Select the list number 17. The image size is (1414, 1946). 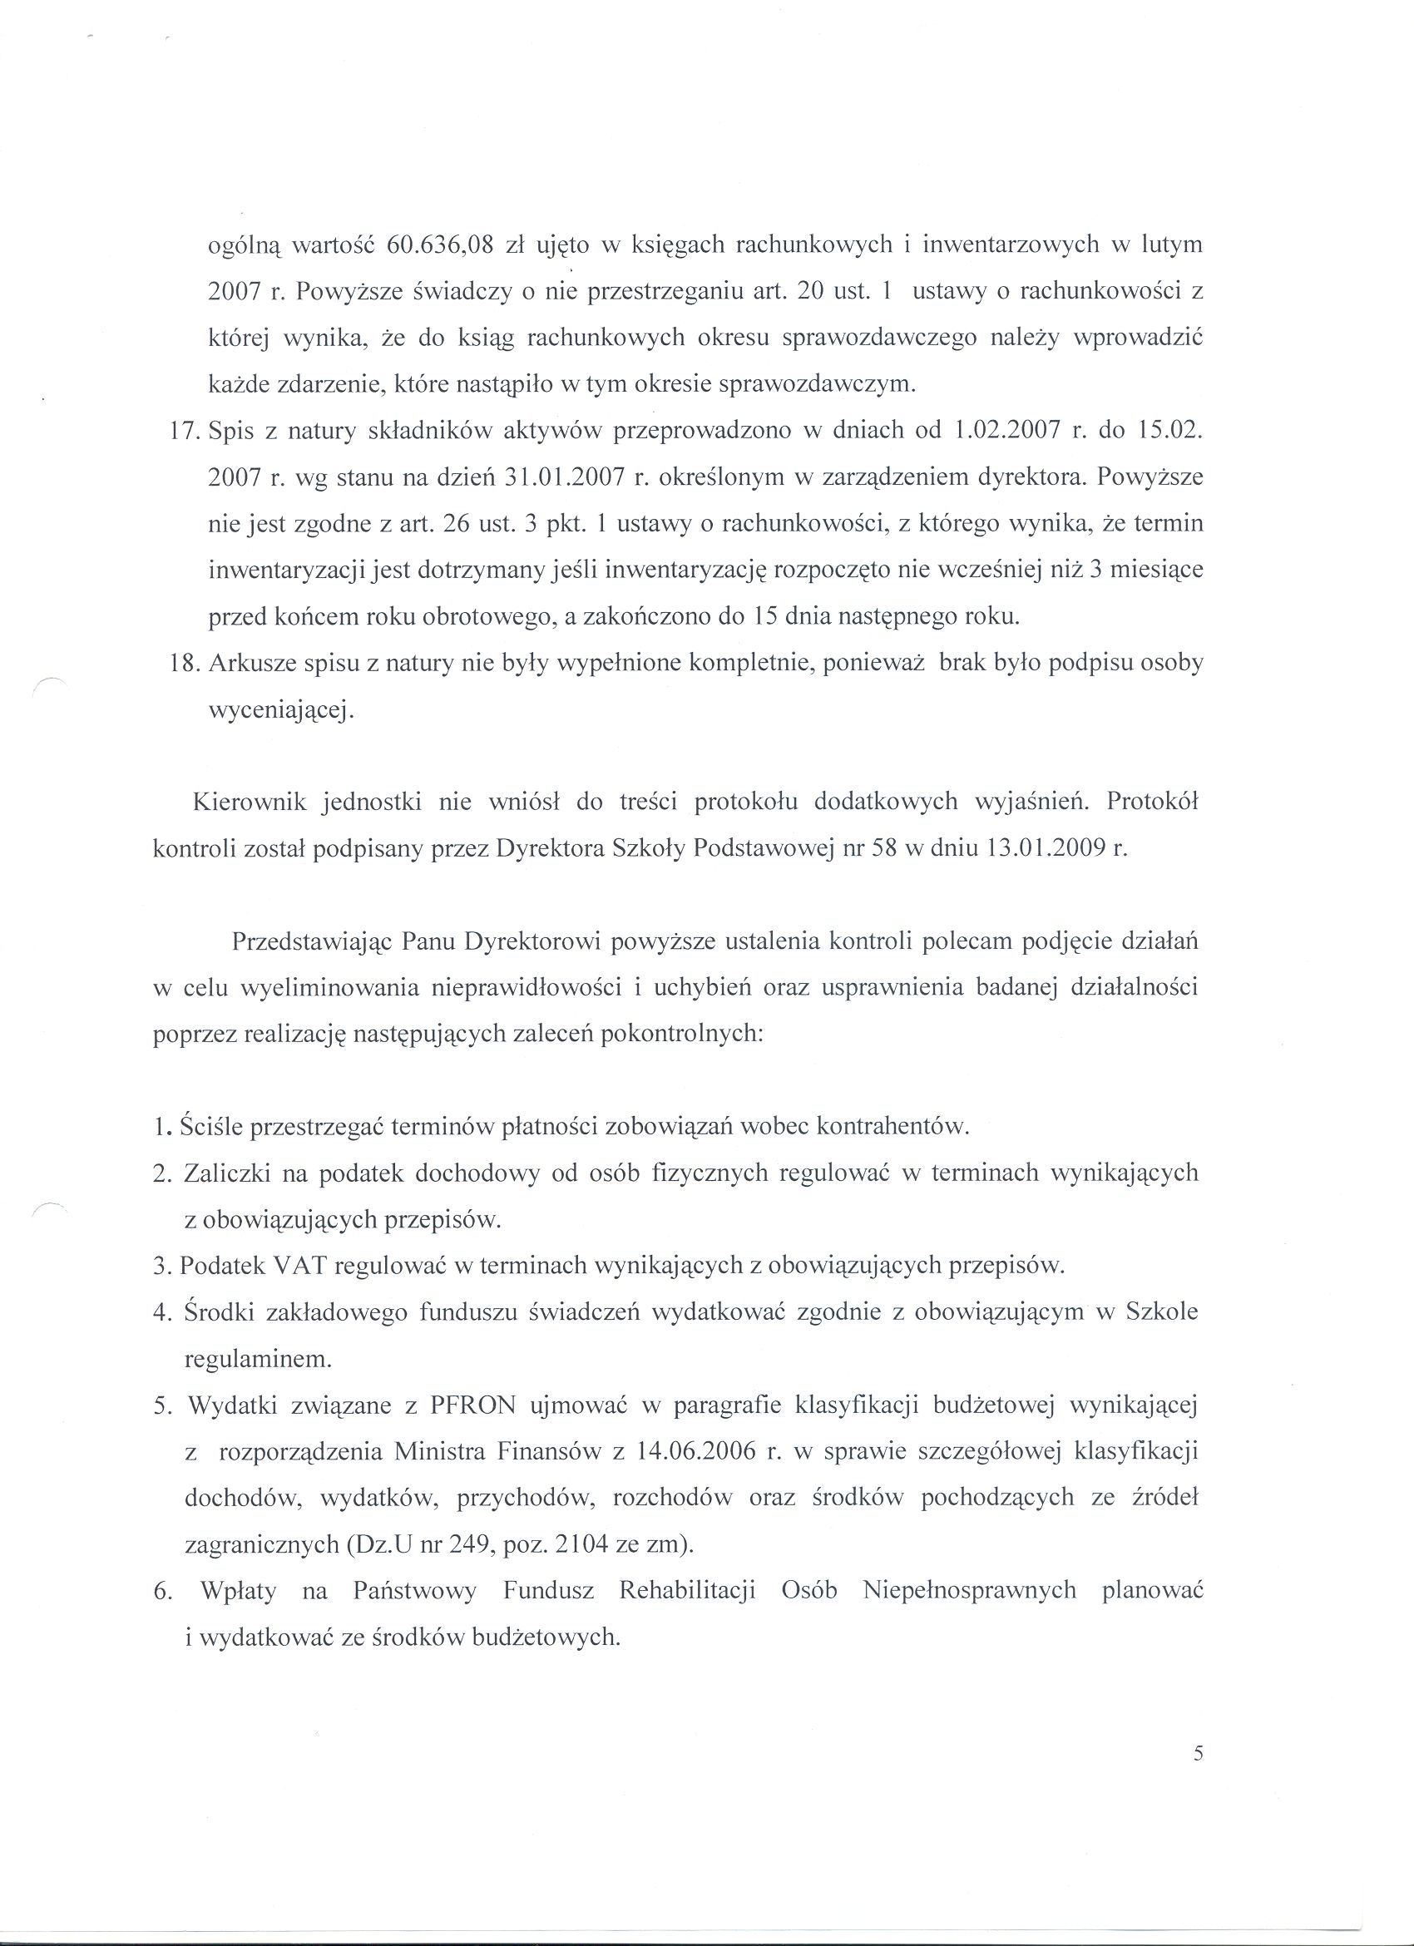point(185,431)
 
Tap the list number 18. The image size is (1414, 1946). point(185,664)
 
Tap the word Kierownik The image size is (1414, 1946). point(249,803)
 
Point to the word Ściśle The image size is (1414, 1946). point(212,1127)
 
